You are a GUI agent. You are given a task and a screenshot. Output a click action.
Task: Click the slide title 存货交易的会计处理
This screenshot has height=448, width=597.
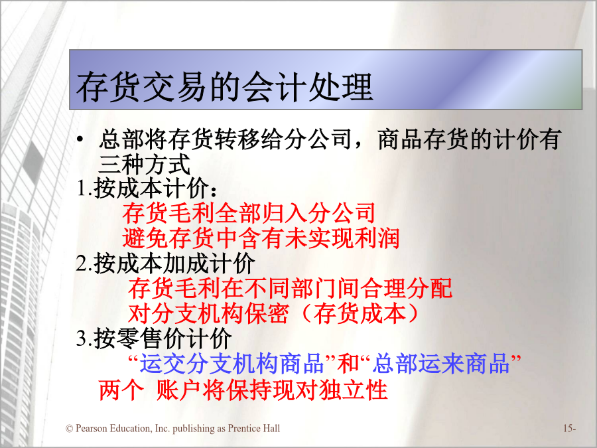click(225, 86)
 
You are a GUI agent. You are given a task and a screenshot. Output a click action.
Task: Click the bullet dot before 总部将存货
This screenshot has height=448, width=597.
click(80, 139)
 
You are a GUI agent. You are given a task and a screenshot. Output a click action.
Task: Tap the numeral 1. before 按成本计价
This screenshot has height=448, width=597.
click(84, 188)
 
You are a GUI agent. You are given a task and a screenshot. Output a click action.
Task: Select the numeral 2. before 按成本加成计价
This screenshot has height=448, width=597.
click(84, 263)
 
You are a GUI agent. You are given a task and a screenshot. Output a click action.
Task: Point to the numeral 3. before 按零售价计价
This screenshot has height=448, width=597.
click(84, 338)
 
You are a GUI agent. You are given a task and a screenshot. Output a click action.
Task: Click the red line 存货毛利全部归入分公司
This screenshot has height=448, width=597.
click(249, 213)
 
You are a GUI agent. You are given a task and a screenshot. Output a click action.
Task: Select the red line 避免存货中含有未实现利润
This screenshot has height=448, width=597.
click(261, 238)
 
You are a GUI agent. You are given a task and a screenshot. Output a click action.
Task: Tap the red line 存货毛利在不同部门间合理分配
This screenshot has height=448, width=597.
click(290, 288)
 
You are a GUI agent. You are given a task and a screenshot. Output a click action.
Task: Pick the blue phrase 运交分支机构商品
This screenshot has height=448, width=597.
click(232, 363)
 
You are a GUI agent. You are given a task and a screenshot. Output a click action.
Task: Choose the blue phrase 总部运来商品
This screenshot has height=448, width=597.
click(441, 363)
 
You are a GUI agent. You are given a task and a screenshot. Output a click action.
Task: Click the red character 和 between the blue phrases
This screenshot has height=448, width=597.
click(348, 363)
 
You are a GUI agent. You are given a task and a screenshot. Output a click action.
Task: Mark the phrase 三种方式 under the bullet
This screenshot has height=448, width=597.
click(145, 164)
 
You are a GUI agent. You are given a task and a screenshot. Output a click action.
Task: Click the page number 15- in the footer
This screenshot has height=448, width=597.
click(570, 429)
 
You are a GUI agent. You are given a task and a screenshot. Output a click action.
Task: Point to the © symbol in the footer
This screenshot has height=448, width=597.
click(69, 429)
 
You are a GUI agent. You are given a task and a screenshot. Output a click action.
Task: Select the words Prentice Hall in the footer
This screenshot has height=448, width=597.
click(253, 429)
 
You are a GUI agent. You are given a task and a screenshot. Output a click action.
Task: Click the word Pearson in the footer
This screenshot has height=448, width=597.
click(92, 429)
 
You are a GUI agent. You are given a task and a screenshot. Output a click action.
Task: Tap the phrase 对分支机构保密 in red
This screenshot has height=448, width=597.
click(209, 313)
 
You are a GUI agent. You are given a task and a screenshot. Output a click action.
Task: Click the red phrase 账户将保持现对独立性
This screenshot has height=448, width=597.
click(272, 390)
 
